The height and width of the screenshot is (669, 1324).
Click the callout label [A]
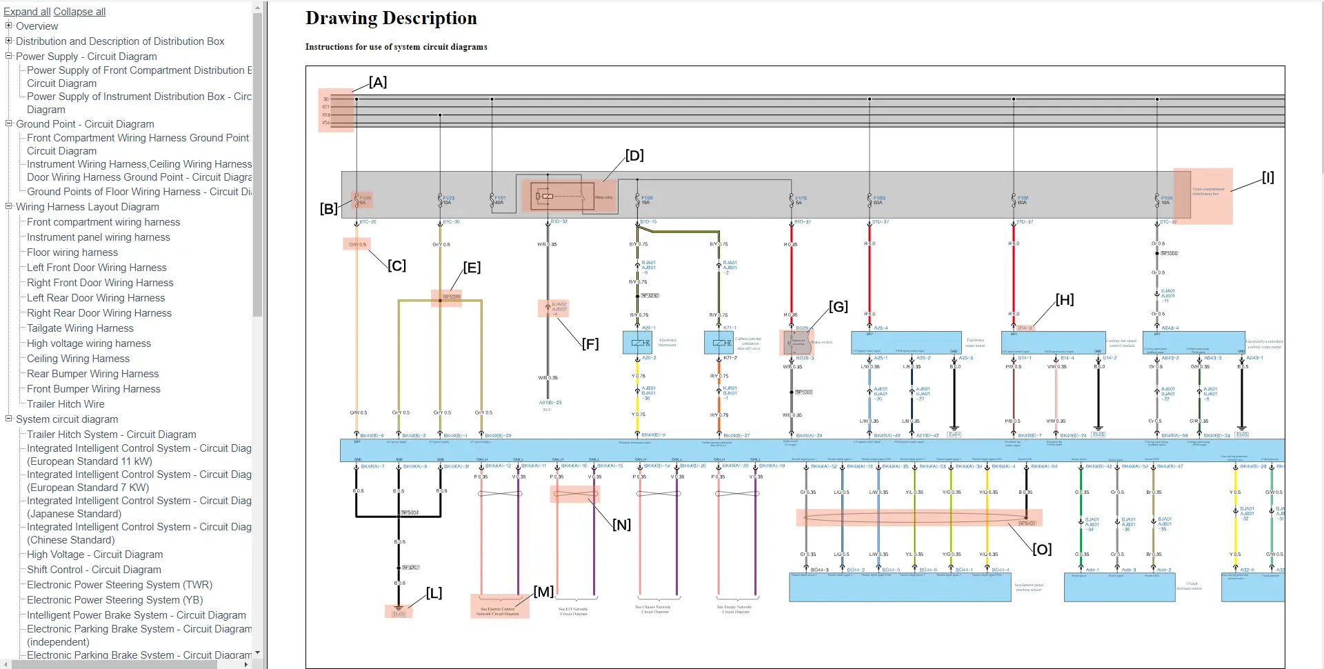coord(377,83)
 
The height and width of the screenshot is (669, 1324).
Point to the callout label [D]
coord(634,156)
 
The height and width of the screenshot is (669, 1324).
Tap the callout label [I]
coord(1267,178)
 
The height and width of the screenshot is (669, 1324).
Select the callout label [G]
coord(838,307)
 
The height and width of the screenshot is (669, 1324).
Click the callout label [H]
coord(1064,300)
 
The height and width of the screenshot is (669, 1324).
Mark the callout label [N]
coord(621,525)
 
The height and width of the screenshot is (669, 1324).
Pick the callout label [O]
coord(1041,550)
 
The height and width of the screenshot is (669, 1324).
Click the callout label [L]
coord(434,593)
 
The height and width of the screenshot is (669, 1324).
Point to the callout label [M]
coord(543,592)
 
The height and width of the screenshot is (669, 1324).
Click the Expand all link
coord(27,12)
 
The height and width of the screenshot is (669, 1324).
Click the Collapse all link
coord(79,12)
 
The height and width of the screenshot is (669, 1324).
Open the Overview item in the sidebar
coord(37,26)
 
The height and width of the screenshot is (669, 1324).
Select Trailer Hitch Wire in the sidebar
coord(66,404)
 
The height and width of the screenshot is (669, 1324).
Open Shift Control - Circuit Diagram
coord(94,570)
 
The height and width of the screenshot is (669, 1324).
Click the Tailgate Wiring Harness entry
coord(80,328)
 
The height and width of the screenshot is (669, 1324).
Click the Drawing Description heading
coord(391,19)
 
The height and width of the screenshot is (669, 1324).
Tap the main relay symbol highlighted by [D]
coord(557,197)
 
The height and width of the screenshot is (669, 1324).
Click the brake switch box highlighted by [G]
coord(796,342)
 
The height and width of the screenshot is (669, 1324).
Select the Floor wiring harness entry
coord(72,252)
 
